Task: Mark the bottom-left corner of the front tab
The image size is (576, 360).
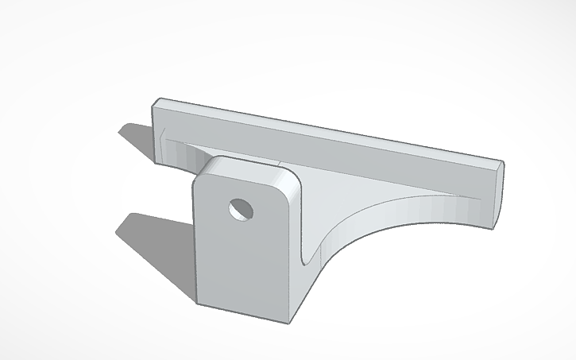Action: [199, 301]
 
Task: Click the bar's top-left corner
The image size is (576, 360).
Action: [158, 102]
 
